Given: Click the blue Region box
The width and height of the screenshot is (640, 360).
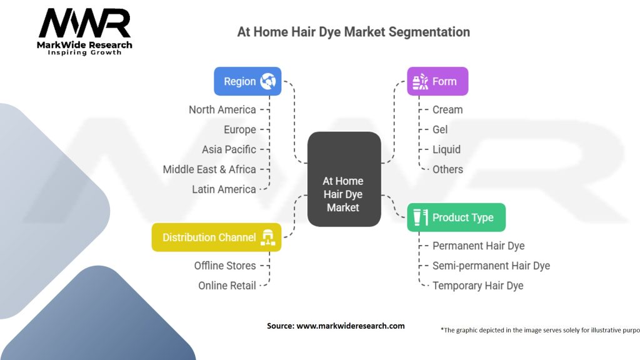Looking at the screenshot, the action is click(x=247, y=81).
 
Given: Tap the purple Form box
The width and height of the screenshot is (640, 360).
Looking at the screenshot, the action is click(x=437, y=81).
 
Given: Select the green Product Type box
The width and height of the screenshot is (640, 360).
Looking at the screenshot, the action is click(x=456, y=217).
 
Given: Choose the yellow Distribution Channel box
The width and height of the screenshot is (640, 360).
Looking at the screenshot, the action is click(x=216, y=237).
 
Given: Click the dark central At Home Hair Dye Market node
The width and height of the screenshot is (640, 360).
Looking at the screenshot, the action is click(x=344, y=179).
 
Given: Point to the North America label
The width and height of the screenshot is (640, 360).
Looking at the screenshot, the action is click(x=222, y=110).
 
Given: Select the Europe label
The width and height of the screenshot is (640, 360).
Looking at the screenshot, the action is click(x=239, y=130).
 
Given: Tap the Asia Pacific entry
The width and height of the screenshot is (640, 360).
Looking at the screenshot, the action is click(x=229, y=149).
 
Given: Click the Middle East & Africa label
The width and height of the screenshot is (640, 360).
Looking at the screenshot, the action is click(x=209, y=169).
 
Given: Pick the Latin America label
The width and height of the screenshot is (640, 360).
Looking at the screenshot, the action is click(x=224, y=189).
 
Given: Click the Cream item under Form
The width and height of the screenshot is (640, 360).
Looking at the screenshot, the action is click(x=447, y=110).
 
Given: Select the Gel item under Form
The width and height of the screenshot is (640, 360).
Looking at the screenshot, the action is click(x=440, y=130).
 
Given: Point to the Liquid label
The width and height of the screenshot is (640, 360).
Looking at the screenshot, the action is click(x=446, y=149).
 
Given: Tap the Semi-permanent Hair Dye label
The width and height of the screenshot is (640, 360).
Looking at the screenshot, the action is click(x=491, y=266).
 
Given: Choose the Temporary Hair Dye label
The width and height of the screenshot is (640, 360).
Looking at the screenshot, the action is click(x=478, y=286).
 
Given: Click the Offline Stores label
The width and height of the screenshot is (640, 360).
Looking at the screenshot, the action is click(x=225, y=266).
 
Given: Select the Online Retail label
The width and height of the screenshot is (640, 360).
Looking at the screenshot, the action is click(x=227, y=286).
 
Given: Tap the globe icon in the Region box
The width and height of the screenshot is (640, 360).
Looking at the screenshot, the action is click(x=268, y=81).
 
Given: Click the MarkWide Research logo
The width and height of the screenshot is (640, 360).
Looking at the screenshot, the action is click(x=84, y=32).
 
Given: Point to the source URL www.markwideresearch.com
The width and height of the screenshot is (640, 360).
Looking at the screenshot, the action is click(x=351, y=326).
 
